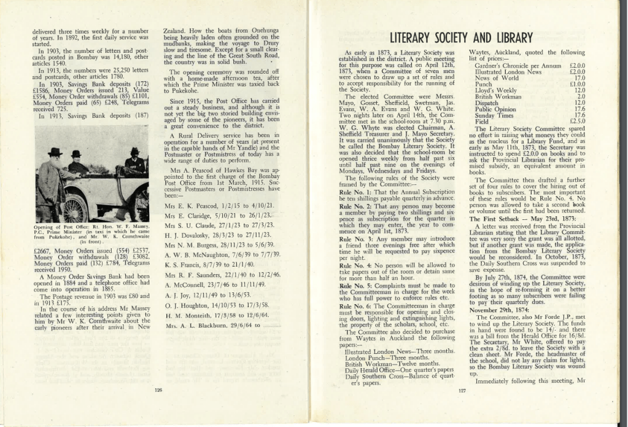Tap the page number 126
click(x=158, y=390)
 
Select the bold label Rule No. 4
click(x=357, y=249)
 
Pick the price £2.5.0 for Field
click(x=577, y=122)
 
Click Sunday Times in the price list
click(x=492, y=115)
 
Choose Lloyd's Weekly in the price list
click(x=495, y=90)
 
